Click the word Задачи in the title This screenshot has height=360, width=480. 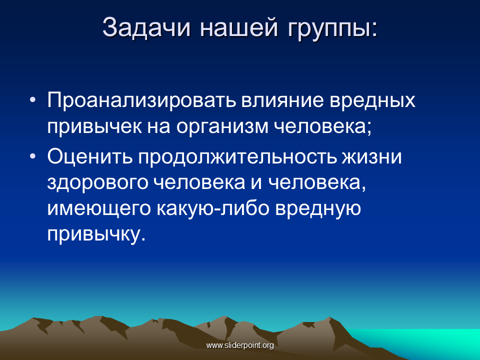(146, 27)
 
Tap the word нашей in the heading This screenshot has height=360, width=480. (239, 27)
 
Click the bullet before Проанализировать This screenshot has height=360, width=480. (33, 100)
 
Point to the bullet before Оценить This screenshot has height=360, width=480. (33, 156)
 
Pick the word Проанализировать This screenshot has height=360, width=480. (141, 100)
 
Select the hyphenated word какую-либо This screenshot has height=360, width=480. (213, 208)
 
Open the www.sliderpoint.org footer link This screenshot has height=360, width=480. (240, 345)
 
